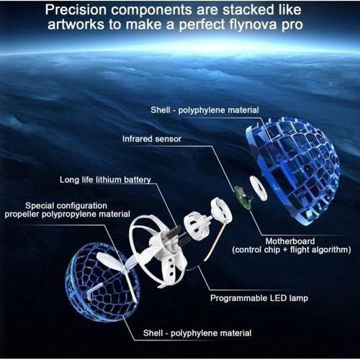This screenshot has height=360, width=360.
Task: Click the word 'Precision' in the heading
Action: pos(76,10)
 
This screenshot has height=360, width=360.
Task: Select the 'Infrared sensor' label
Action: pos(152,139)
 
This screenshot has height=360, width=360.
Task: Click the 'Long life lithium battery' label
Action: pos(105,180)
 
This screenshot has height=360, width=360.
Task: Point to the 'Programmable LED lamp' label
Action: pos(259,298)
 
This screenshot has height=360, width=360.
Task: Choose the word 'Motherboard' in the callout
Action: pos(290,241)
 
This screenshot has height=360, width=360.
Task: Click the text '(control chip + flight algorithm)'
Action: pos(292,250)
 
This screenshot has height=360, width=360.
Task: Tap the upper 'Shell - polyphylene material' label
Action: pos(204,110)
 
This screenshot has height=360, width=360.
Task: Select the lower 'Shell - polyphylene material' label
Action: pos(197,333)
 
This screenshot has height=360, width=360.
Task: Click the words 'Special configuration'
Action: pos(66,206)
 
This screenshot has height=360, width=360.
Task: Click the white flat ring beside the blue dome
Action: pos(258,188)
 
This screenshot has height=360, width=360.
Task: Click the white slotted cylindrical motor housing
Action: pos(195,223)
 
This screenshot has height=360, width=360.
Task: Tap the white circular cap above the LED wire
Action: pos(221,210)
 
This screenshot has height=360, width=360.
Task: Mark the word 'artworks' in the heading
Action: pos(76,25)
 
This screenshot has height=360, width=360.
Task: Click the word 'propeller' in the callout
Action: pos(22,215)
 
